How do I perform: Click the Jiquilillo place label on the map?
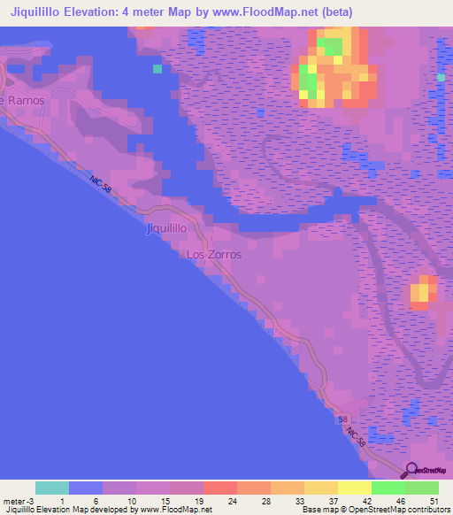pyautogui.click(x=165, y=228)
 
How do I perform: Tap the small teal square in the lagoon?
pyautogui.click(x=157, y=68)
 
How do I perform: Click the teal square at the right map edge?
pyautogui.click(x=441, y=78)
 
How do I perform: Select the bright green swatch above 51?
pyautogui.click(x=422, y=488)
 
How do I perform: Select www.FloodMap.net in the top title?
pyautogui.click(x=265, y=12)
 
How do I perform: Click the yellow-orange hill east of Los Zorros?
pyautogui.click(x=423, y=291)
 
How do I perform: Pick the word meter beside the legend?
pyautogui.click(x=14, y=500)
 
